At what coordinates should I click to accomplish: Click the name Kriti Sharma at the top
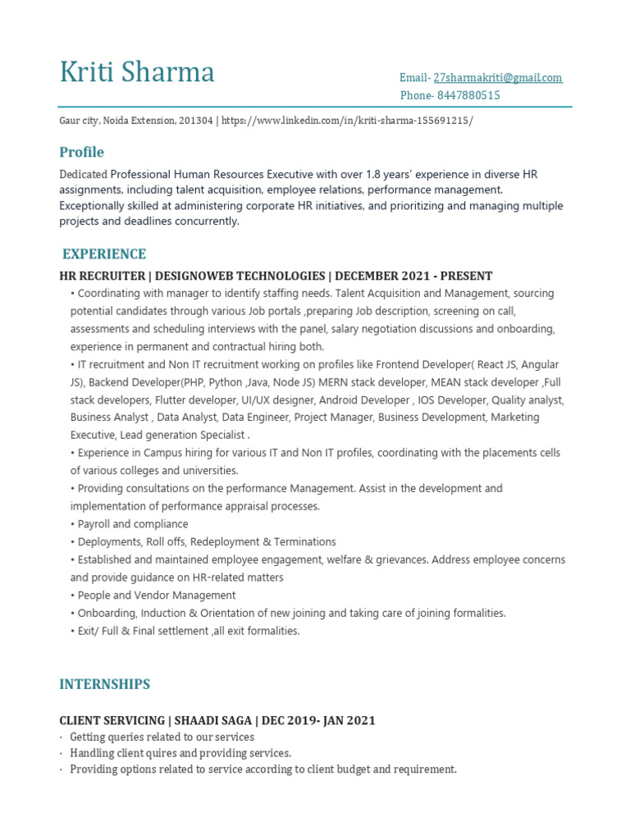[137, 72]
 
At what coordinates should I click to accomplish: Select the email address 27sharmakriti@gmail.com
[498, 78]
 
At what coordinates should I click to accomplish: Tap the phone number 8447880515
[468, 96]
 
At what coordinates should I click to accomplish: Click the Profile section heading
[81, 153]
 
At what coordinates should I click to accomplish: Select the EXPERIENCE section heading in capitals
[104, 254]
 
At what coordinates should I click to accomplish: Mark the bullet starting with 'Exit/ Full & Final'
[187, 632]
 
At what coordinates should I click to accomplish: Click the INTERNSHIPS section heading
[104, 684]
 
